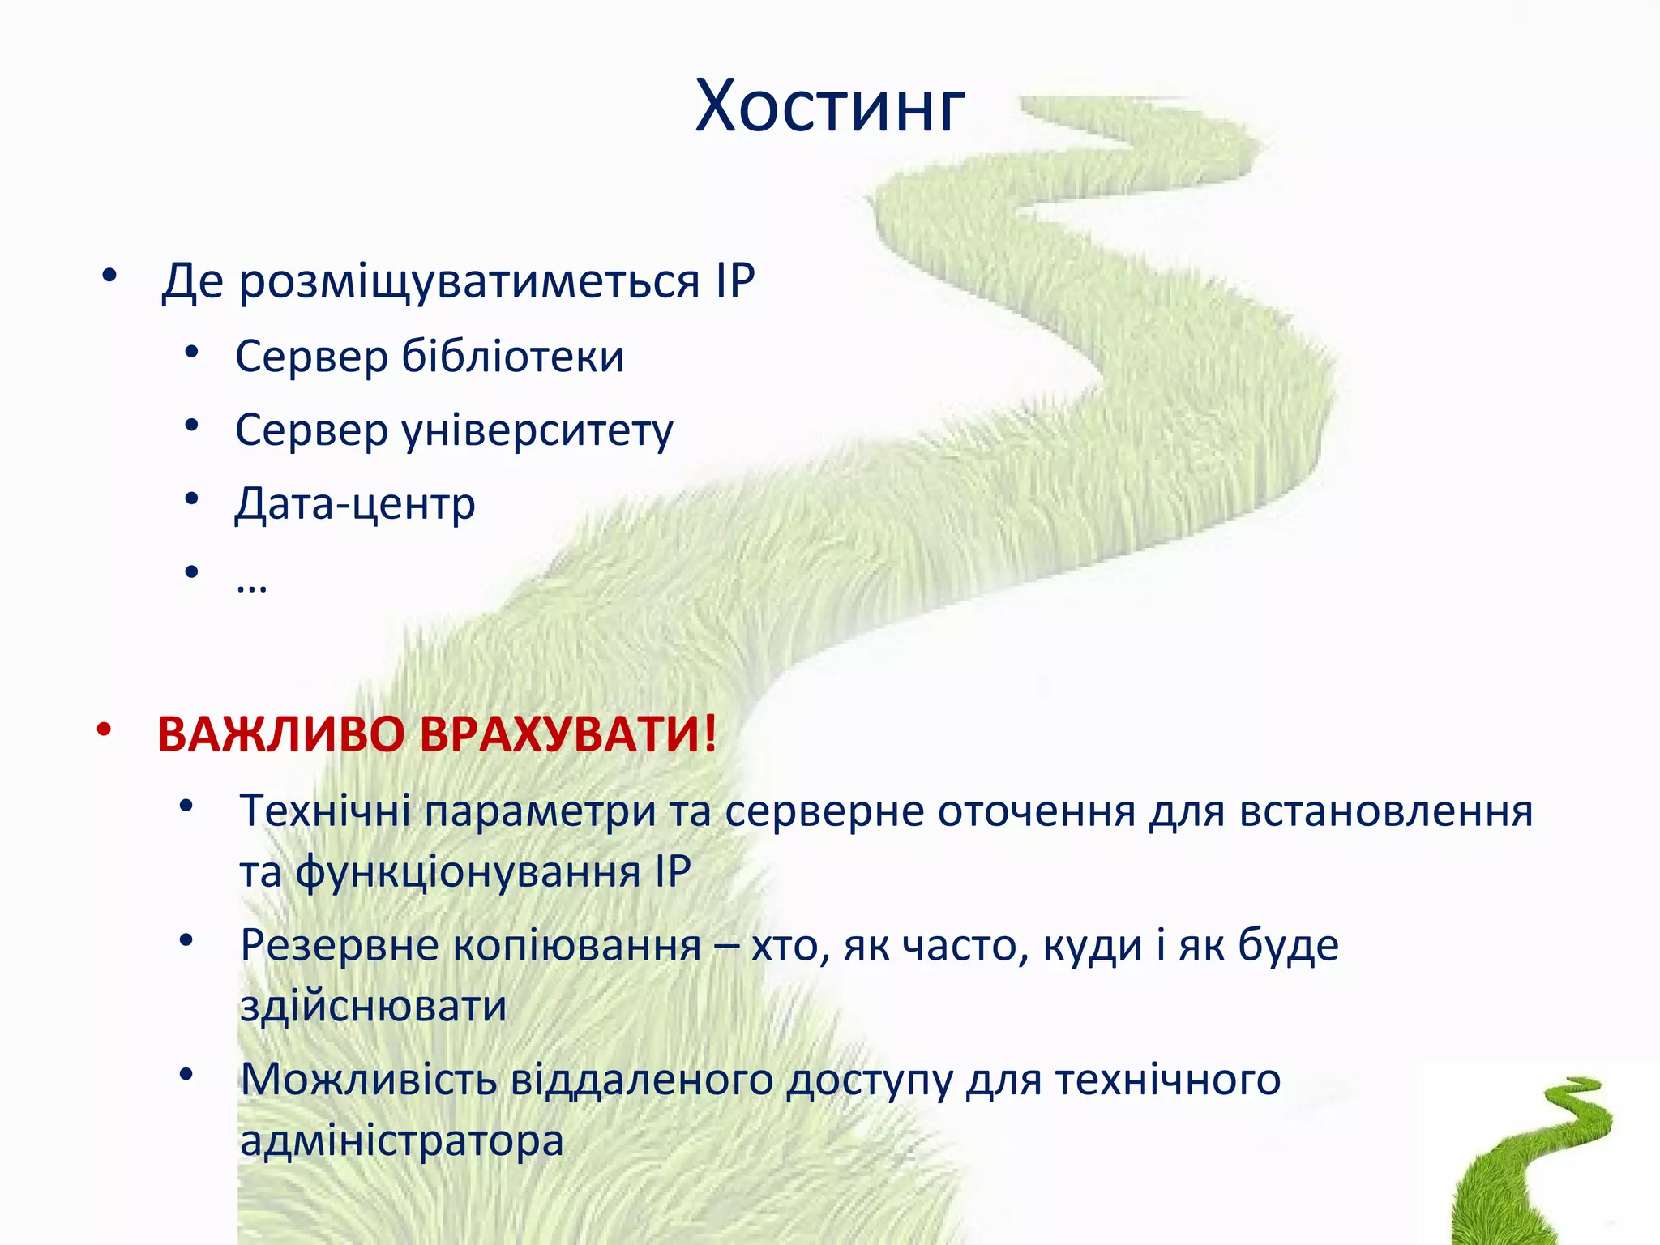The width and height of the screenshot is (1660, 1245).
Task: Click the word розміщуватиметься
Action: [x=468, y=282]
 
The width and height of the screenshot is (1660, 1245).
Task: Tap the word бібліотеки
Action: [x=513, y=357]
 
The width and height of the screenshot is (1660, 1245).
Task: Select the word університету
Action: [x=537, y=430]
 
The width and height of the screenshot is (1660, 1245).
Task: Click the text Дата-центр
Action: [x=355, y=504]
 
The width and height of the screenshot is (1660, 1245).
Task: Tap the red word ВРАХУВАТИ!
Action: [x=567, y=735]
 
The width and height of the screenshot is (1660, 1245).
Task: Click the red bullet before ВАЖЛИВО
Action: [x=104, y=729]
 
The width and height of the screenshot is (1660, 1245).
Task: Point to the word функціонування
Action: [x=468, y=873]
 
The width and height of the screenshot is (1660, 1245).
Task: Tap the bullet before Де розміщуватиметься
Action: [x=109, y=276]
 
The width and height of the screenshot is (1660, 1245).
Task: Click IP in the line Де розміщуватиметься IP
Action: [x=735, y=282]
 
